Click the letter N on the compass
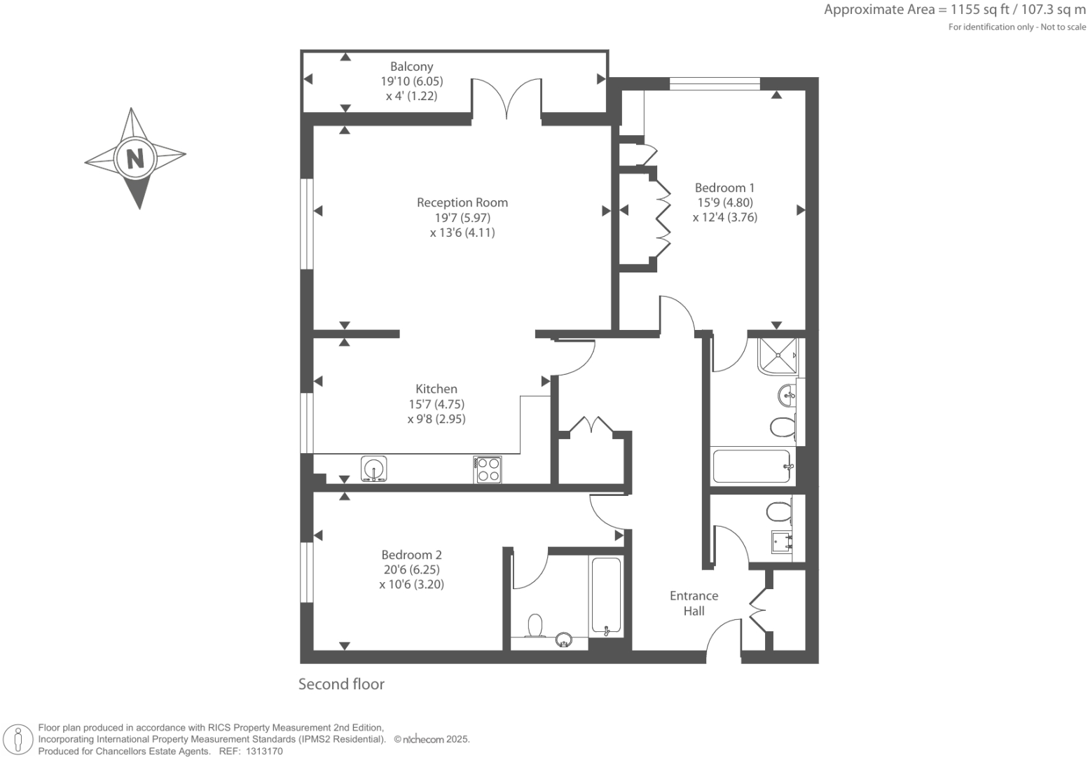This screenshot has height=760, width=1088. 135,158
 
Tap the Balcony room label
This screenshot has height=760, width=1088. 411,67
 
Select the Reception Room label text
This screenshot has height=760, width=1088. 462,202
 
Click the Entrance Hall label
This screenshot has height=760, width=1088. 694,603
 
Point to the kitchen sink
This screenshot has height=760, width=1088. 373,469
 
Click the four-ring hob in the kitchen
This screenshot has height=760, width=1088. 488,469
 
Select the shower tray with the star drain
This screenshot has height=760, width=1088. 777,356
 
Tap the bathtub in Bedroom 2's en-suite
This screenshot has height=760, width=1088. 605,595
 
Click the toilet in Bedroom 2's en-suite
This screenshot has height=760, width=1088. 535,626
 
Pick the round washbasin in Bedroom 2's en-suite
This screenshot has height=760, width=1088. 564,640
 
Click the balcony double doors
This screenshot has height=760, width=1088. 507,98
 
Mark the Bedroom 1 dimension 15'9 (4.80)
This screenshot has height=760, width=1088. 724,202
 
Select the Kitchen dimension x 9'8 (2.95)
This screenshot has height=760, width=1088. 436,419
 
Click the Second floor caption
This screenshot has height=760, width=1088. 341,684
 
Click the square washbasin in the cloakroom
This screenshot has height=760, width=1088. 782,541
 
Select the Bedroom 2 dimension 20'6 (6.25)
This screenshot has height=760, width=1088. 411,569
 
